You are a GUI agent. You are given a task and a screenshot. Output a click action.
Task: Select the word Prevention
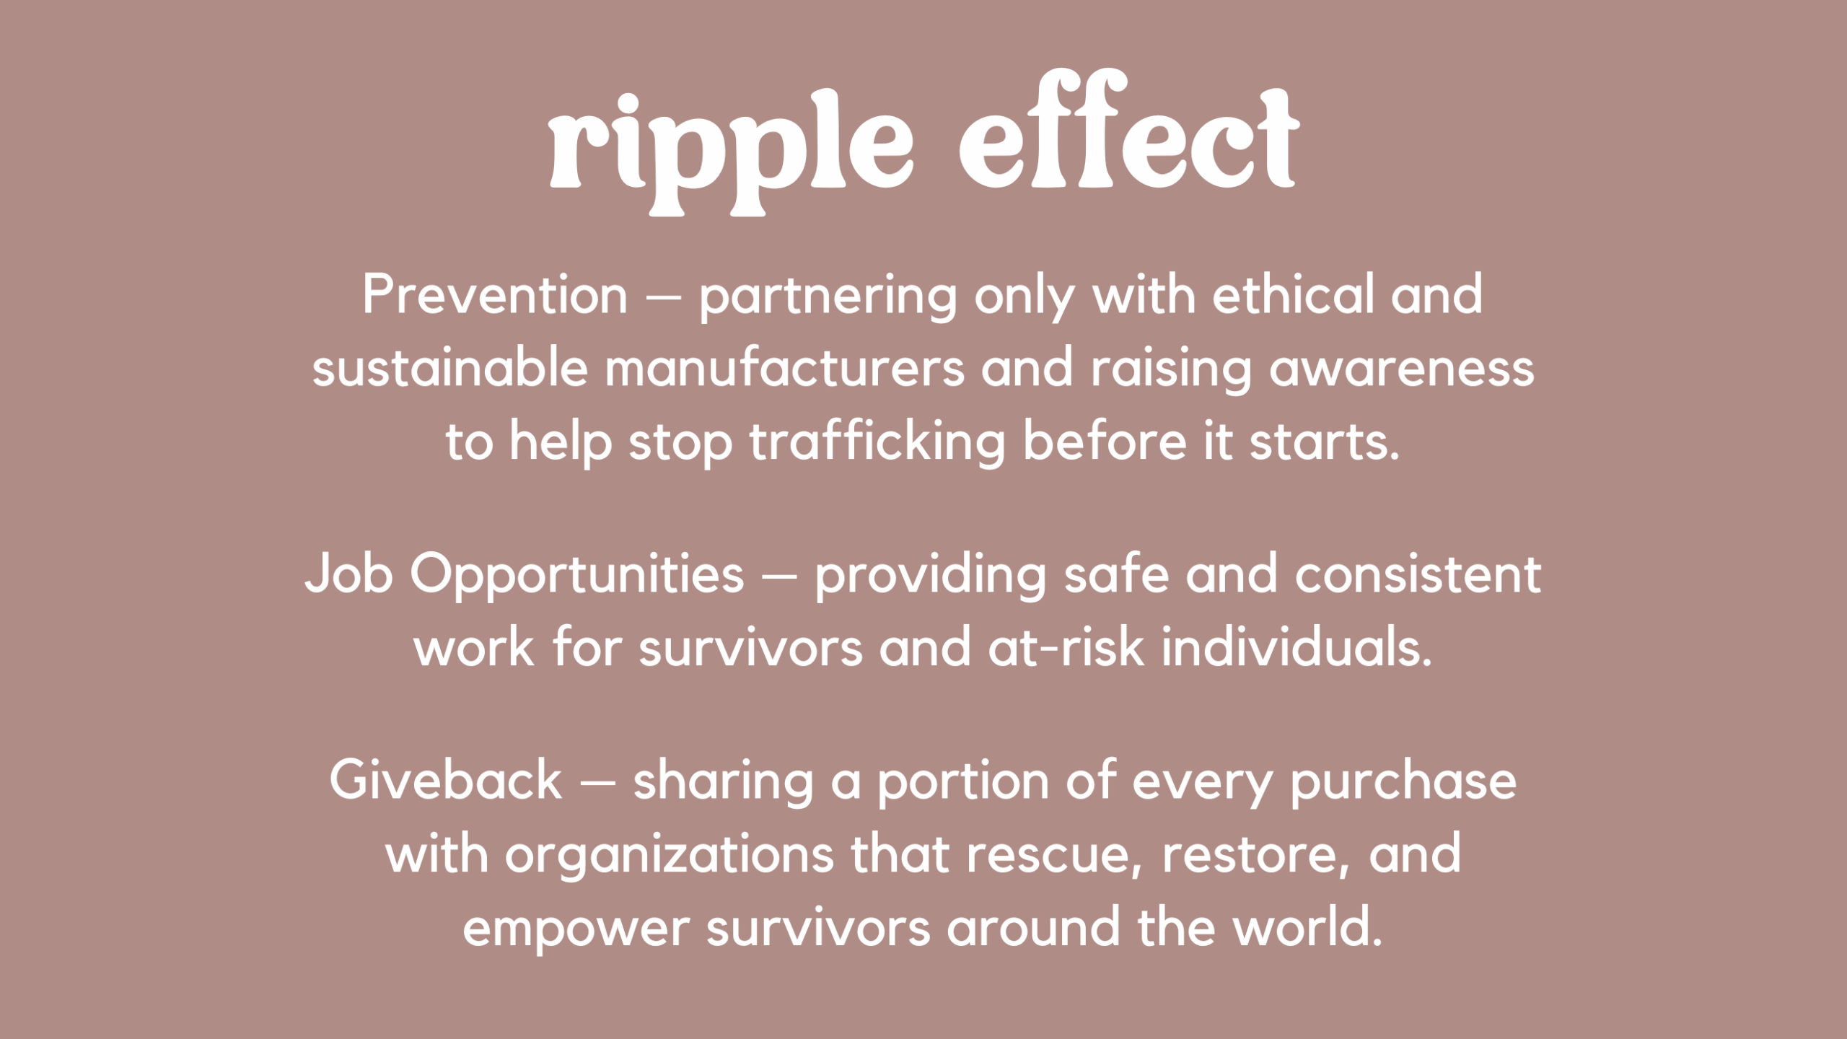tap(495, 294)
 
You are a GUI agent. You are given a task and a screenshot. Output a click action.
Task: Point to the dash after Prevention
tap(663, 297)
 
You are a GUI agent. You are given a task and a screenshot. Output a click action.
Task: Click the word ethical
tap(1293, 294)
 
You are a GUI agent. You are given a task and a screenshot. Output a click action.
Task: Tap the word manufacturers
tap(784, 367)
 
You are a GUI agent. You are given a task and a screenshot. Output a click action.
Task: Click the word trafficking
tap(877, 442)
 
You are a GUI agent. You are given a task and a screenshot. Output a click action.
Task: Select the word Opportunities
tap(577, 575)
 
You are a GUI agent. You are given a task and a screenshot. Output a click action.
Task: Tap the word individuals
tap(1297, 646)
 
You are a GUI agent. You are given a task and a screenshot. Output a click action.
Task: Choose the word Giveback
tap(446, 780)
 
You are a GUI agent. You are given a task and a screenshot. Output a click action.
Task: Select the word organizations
tap(670, 856)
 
